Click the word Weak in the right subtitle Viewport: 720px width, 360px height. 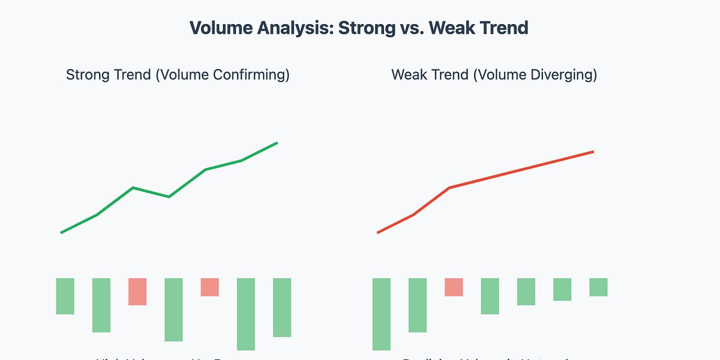click(408, 75)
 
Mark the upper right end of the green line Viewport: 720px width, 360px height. click(277, 143)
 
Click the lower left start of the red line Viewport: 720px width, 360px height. click(378, 232)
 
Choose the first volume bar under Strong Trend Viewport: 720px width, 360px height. click(65, 296)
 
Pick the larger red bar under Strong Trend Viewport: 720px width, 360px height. click(137, 291)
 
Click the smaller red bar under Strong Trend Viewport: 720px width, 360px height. click(209, 287)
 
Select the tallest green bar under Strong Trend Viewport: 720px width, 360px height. click(246, 314)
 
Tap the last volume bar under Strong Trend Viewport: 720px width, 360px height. click(282, 307)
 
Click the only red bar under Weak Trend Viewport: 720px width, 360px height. click(454, 287)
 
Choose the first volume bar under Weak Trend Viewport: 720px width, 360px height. click(382, 314)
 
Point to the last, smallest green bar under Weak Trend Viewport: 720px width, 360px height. click(598, 287)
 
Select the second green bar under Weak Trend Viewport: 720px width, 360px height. click(418, 305)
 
